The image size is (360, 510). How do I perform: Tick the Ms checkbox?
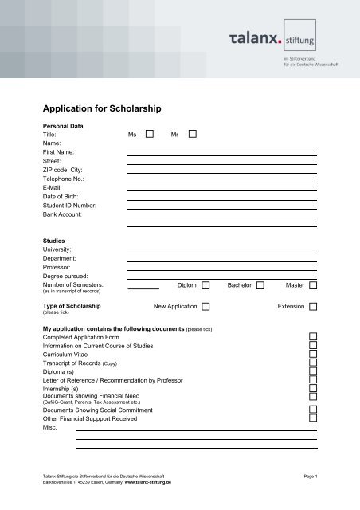click(150, 135)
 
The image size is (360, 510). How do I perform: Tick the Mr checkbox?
click(192, 135)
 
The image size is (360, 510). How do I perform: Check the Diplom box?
click(205, 284)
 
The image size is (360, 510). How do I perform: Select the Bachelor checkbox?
click(260, 284)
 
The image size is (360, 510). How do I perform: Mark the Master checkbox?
click(313, 284)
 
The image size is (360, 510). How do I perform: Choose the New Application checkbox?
click(205, 306)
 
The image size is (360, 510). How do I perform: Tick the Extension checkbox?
click(313, 306)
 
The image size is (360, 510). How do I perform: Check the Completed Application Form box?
click(313, 338)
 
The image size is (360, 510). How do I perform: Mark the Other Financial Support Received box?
click(313, 417)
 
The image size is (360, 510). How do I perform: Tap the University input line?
click(221, 252)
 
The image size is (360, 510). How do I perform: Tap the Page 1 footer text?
click(310, 476)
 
